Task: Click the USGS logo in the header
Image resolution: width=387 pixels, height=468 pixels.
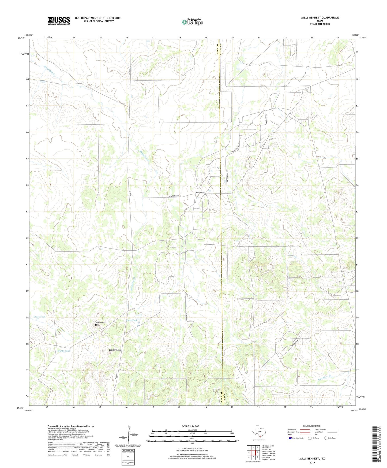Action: coord(59,21)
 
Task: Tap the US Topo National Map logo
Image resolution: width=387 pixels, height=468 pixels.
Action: coord(192,22)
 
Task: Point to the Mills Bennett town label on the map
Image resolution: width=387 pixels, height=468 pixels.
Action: coord(200,192)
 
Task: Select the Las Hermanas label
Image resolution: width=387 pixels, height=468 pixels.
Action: coord(115,350)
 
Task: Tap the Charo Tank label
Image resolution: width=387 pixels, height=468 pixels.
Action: coord(39,317)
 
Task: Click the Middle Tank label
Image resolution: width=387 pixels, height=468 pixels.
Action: coord(64,351)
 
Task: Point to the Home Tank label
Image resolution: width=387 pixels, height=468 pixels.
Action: coord(131,320)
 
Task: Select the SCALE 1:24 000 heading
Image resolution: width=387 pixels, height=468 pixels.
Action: coord(190,426)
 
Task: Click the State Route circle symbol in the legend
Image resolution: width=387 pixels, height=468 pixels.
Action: coord(325,438)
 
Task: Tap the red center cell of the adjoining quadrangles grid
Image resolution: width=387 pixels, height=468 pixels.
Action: coord(253,453)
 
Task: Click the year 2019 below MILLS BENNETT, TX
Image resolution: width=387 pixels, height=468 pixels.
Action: coord(312,462)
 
